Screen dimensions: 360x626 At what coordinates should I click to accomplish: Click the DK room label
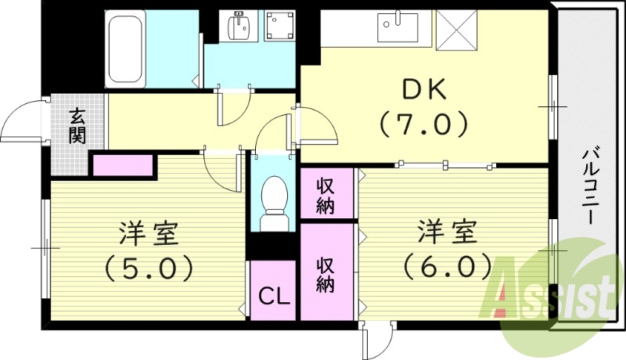coord(424,91)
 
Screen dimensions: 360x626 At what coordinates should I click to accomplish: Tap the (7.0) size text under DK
coord(424,123)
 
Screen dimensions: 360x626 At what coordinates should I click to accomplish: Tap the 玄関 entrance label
coord(77,126)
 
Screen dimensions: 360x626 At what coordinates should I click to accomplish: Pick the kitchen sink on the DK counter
coord(399,29)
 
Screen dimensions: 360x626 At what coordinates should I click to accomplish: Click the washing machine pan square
coord(279,28)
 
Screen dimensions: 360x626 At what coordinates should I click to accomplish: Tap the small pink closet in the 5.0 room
coord(123,165)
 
